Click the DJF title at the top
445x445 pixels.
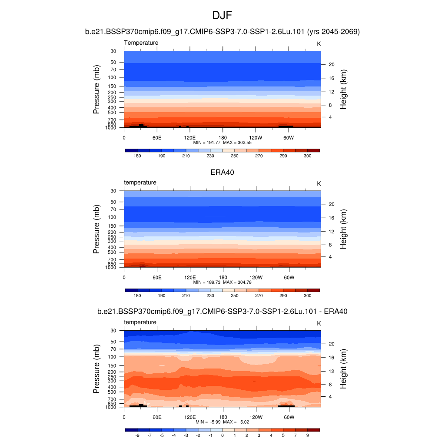[222, 16]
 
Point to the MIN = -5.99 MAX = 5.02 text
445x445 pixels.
[222, 422]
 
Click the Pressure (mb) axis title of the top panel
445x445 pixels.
[96, 90]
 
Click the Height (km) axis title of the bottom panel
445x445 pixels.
[343, 369]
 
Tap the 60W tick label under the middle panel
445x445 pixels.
[289, 277]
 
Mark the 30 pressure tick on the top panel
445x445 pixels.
[113, 51]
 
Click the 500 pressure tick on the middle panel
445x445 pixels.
[112, 252]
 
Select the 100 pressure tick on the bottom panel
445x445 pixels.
[112, 357]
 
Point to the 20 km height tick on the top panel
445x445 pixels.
[331, 64]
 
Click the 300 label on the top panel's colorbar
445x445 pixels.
[307, 156]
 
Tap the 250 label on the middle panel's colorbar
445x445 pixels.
[234, 296]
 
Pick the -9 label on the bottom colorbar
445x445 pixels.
[137, 435]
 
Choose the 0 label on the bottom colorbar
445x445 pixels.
[222, 435]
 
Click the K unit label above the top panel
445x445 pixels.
[319, 44]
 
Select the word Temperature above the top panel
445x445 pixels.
[141, 43]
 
